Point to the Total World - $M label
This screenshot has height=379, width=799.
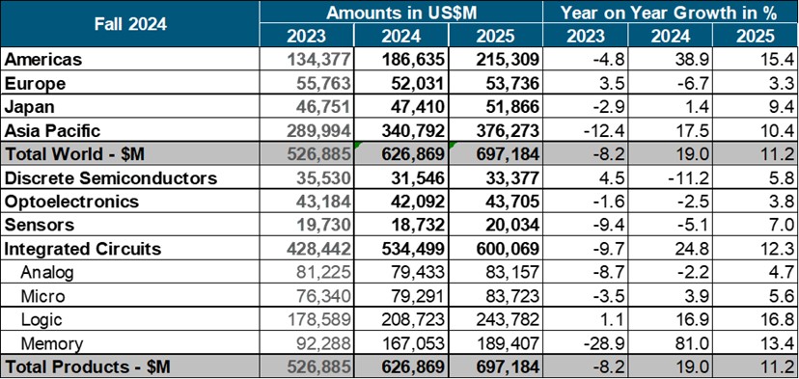[x=73, y=153]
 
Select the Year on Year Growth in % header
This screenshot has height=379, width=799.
[x=670, y=13]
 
